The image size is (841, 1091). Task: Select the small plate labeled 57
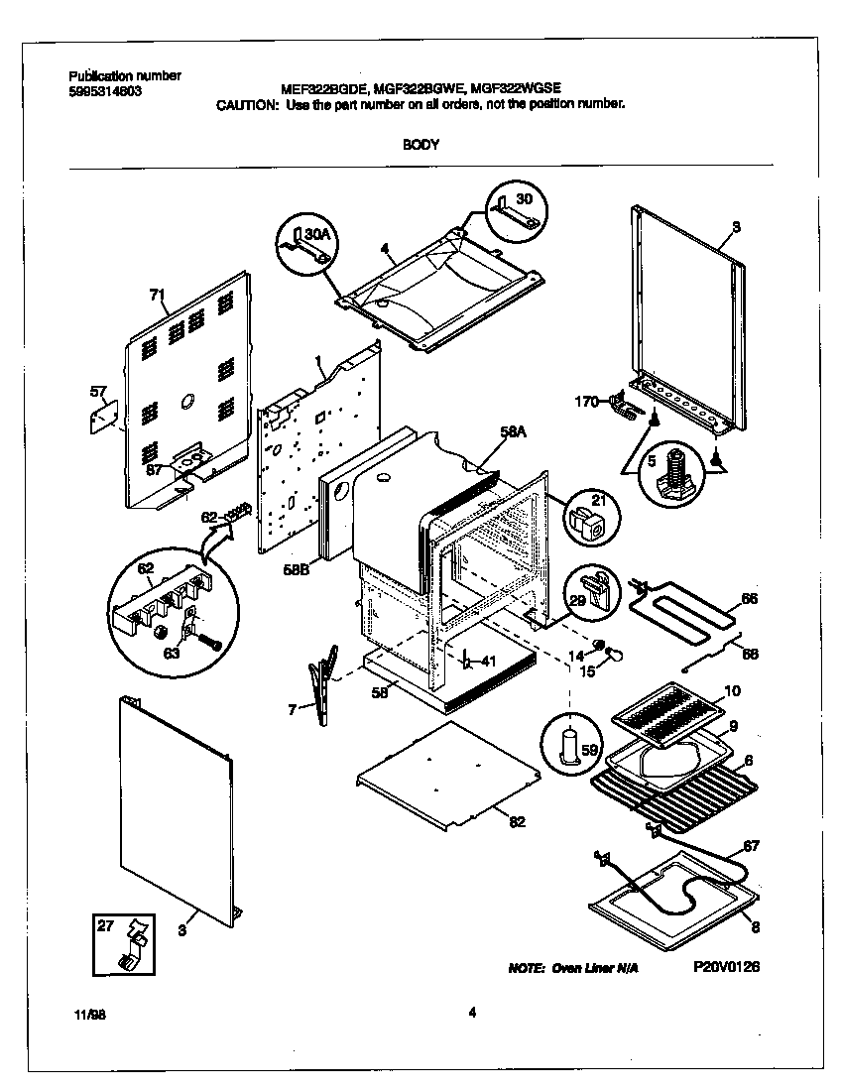pyautogui.click(x=103, y=418)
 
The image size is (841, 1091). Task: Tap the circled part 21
pyautogui.click(x=590, y=525)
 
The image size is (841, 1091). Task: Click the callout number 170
pyautogui.click(x=588, y=402)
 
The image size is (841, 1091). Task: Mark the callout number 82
pyautogui.click(x=517, y=820)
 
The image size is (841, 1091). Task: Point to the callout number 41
pyautogui.click(x=486, y=661)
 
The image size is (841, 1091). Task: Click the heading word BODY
pyautogui.click(x=420, y=144)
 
